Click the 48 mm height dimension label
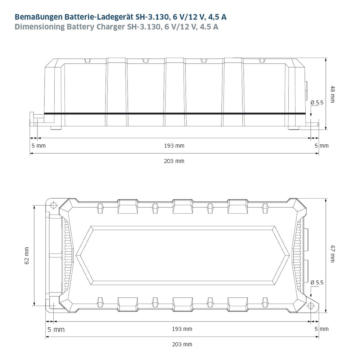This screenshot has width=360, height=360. click(x=332, y=94)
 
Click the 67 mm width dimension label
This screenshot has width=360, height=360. click(x=332, y=254)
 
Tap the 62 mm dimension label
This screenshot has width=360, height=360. click(x=27, y=256)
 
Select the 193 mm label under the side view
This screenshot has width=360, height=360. click(x=174, y=146)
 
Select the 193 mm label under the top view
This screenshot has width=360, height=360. click(x=182, y=329)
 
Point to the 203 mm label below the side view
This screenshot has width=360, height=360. click(x=174, y=161)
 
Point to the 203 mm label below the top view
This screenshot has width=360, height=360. click(x=182, y=345)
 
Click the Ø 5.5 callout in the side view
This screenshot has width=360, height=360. click(x=317, y=103)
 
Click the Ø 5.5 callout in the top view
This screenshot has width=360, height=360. click(x=317, y=283)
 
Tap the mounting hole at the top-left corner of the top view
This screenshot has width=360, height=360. click(x=53, y=205)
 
